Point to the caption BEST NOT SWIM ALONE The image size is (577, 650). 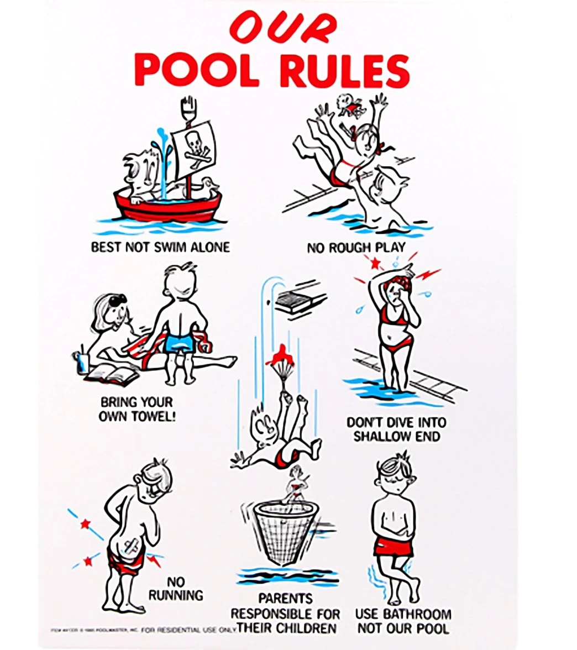click(x=160, y=247)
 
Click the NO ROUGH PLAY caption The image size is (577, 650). click(x=355, y=248)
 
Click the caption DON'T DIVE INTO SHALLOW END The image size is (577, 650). click(x=396, y=429)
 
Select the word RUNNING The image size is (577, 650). click(x=176, y=595)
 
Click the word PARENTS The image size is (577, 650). click(x=285, y=598)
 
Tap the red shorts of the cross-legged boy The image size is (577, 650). click(x=394, y=546)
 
